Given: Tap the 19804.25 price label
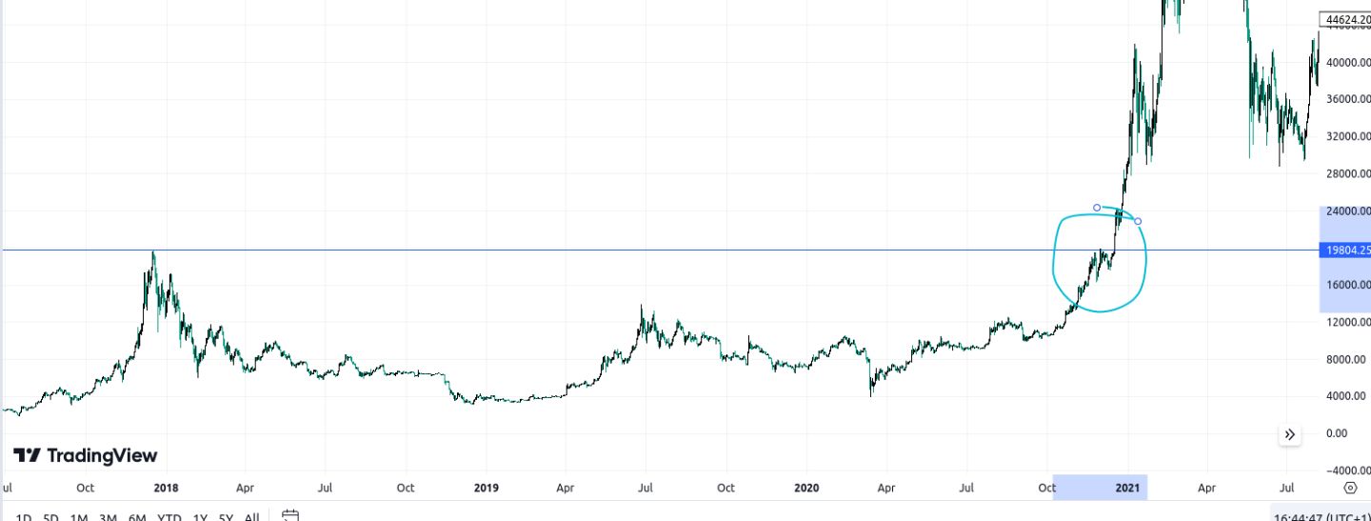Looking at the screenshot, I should [1345, 250].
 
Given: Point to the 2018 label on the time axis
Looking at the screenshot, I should [166, 489].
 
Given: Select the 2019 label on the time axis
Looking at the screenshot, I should [486, 489].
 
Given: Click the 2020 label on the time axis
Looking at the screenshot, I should [805, 489].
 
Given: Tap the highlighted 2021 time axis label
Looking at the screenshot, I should [1127, 489].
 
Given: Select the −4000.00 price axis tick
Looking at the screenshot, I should [1346, 471].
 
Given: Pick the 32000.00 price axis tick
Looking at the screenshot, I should [1346, 136].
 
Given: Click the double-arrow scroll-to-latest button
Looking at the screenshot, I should [1290, 435].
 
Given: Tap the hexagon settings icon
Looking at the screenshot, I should [1350, 489].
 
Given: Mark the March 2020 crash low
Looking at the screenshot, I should [871, 393].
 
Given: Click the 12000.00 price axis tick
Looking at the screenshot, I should [1346, 322].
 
